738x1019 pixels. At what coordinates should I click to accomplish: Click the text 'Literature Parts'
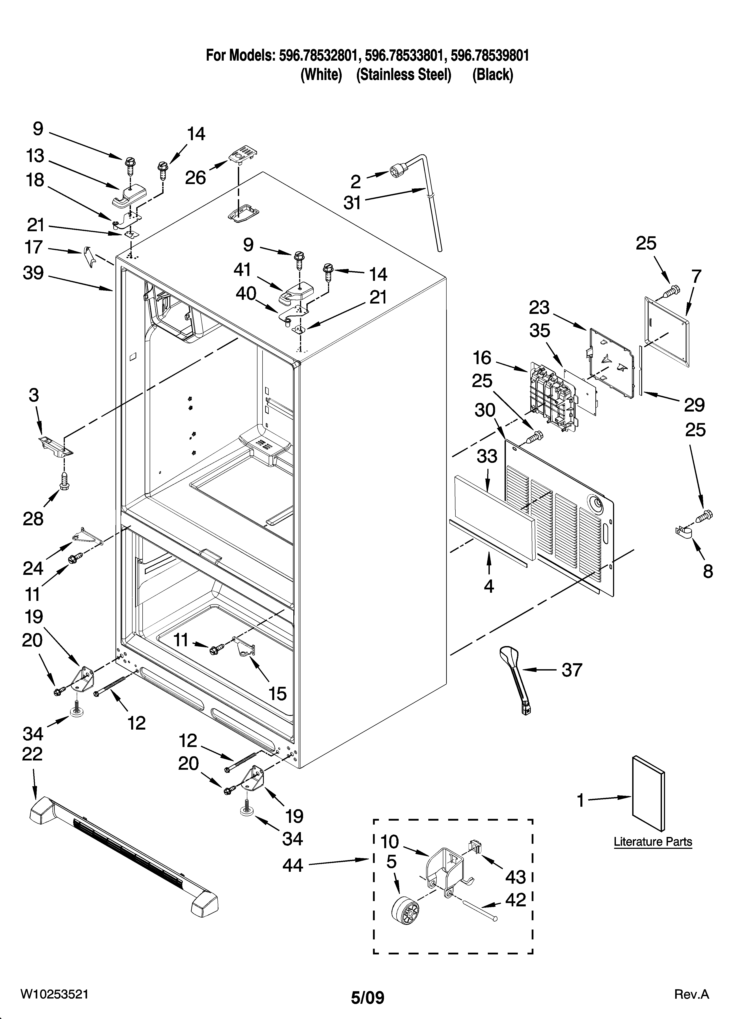pos(653,842)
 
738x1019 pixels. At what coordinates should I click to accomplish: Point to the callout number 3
pos(34,395)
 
